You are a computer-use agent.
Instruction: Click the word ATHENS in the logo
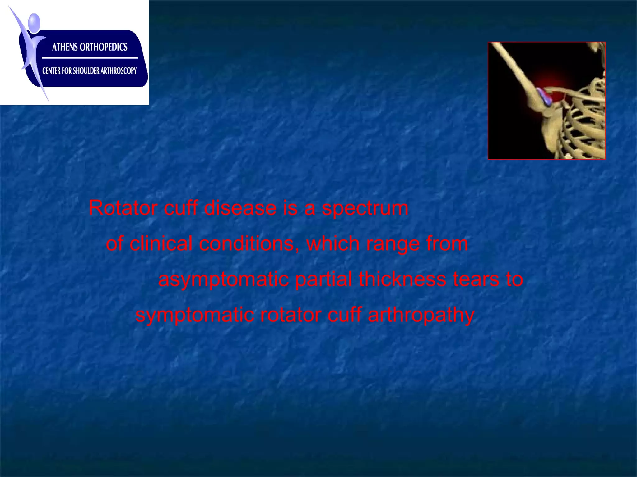tap(65, 47)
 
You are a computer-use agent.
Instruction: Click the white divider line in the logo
tap(90, 58)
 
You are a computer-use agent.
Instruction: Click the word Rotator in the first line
tap(123, 208)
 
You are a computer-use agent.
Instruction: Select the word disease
tap(240, 208)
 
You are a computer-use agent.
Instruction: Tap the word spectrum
tap(365, 208)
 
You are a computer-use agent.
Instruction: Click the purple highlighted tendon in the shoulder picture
tap(544, 97)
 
